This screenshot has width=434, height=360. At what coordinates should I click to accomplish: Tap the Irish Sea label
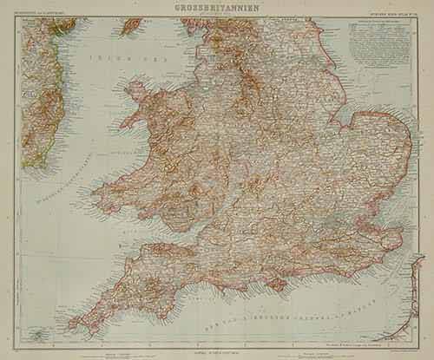pos(116,60)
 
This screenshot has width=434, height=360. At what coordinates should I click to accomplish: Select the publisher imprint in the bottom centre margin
pos(217,347)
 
